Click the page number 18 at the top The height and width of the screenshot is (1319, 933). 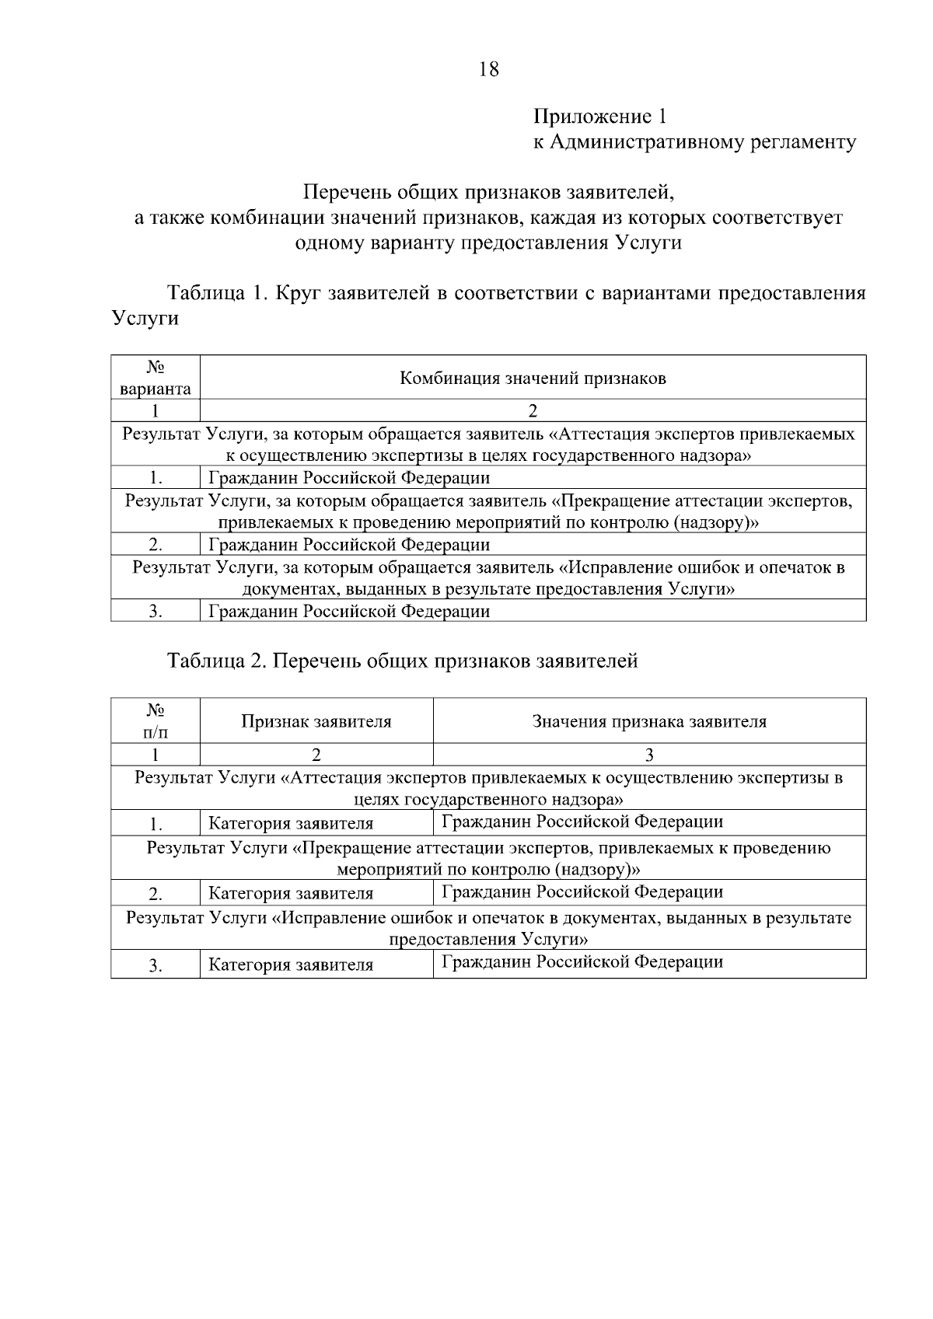(x=489, y=69)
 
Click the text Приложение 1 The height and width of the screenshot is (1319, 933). (x=599, y=117)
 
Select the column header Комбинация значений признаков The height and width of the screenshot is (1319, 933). (x=533, y=379)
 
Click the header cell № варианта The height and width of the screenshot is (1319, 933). (x=155, y=378)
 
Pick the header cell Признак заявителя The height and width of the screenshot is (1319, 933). (x=316, y=721)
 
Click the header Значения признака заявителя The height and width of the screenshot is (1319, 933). (x=649, y=721)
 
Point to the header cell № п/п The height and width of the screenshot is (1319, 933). (x=155, y=721)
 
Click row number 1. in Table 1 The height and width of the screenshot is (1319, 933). (x=155, y=477)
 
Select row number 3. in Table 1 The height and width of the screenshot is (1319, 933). (x=155, y=612)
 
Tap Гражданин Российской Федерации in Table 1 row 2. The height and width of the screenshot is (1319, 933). (x=349, y=544)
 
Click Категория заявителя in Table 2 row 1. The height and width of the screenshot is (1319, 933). (x=291, y=823)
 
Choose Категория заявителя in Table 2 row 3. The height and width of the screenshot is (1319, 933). (x=291, y=965)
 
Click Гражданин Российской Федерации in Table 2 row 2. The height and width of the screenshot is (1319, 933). (x=582, y=892)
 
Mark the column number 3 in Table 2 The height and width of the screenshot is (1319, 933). (x=649, y=755)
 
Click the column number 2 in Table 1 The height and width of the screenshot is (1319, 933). (x=533, y=410)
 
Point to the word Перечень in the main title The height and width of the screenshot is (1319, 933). (x=346, y=191)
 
